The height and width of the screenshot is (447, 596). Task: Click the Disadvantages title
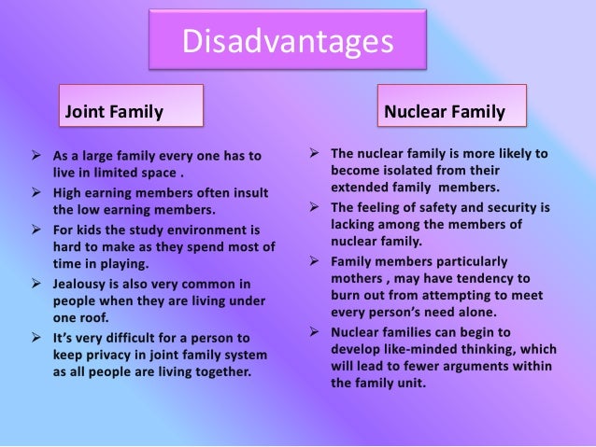286,41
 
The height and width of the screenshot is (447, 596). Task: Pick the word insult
247,192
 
